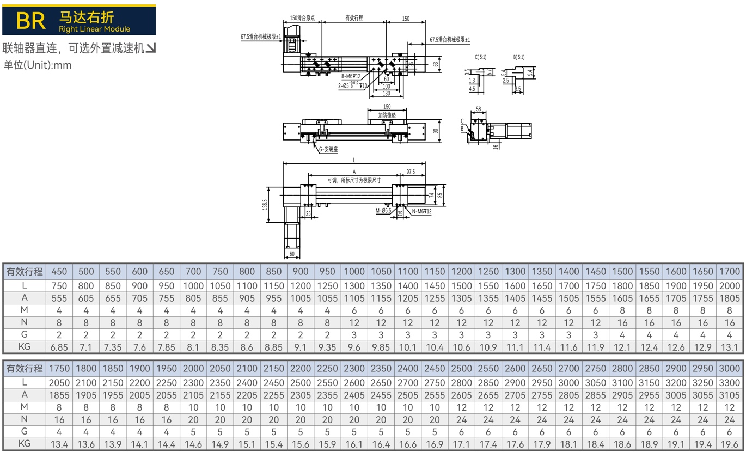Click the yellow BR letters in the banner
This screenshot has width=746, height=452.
pos(30,21)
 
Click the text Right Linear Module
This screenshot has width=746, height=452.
pos(94,29)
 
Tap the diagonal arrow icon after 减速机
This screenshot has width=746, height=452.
pos(151,48)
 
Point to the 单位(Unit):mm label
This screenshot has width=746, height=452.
pos(37,65)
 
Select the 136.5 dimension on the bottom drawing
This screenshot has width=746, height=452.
pos(265,205)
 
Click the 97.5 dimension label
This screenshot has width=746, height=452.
pos(411,172)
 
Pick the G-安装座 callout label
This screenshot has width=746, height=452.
pos(328,149)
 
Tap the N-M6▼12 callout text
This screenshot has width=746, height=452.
pos(421,211)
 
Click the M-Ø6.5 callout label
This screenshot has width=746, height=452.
pos(383,211)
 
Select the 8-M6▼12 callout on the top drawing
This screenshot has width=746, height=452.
pos(351,76)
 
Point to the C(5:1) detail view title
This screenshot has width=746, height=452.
pos(481,57)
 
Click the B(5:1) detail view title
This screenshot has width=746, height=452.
pos(519,57)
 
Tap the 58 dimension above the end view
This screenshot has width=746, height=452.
pos(479,109)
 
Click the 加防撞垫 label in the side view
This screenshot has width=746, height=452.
pos(387,115)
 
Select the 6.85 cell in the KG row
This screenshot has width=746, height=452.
pos(59,347)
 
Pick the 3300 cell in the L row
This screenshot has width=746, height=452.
pos(729,383)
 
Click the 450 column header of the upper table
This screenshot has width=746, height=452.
pos(59,271)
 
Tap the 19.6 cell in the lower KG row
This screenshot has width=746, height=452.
pos(729,444)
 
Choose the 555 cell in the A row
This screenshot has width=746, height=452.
pos(59,298)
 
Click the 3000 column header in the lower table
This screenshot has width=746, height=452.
pos(729,368)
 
